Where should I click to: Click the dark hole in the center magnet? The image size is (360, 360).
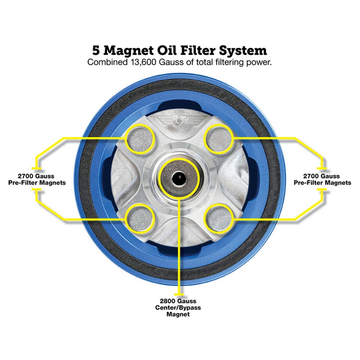click(179, 177)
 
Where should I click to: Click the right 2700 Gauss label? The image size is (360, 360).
click(322, 176)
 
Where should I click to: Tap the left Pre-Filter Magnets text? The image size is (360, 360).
click(37, 183)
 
